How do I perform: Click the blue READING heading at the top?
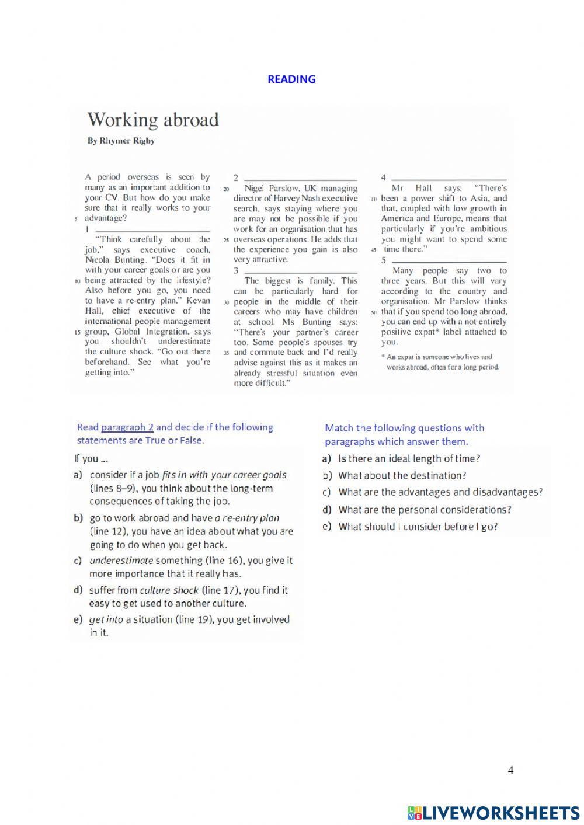pos(291,79)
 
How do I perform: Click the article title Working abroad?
pos(153,120)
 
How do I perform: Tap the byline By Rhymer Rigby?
pos(121,141)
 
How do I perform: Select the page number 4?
pos(510,770)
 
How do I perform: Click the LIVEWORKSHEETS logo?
pos(493,812)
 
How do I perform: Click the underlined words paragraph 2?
pos(127,427)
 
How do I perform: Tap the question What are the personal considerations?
pos(425,510)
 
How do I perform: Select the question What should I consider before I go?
pos(418,527)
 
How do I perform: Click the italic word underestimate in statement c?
pos(121,561)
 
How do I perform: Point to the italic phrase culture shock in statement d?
pos(169,590)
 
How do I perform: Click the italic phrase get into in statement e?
pos(106,619)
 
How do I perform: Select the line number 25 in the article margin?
pos(225,240)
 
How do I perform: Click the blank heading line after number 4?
pos(449,179)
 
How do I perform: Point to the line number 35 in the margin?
pos(225,353)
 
